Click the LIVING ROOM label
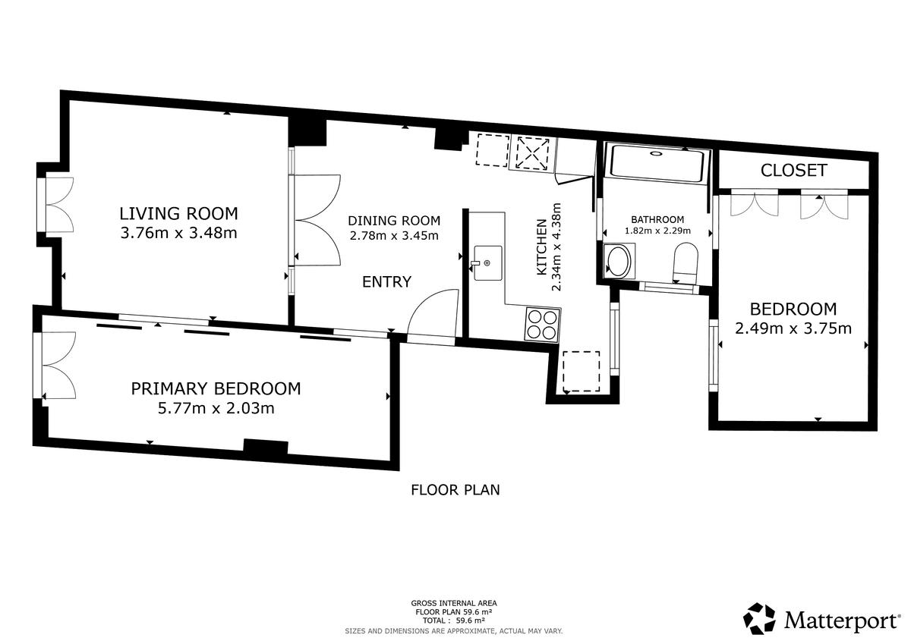[178, 213]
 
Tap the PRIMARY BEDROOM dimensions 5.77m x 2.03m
[216, 408]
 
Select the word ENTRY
[386, 281]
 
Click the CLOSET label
[794, 170]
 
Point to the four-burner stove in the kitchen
[543, 325]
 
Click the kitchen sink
[487, 263]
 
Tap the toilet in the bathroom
[686, 263]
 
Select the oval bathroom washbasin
[618, 261]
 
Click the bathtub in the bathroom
[657, 163]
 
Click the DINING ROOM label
[394, 221]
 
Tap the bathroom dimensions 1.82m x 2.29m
[657, 231]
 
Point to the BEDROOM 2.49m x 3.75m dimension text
[793, 328]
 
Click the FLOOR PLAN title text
[455, 490]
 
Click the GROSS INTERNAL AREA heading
[454, 603]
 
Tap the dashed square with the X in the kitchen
[532, 153]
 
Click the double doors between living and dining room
[317, 220]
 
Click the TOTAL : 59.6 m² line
[454, 620]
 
